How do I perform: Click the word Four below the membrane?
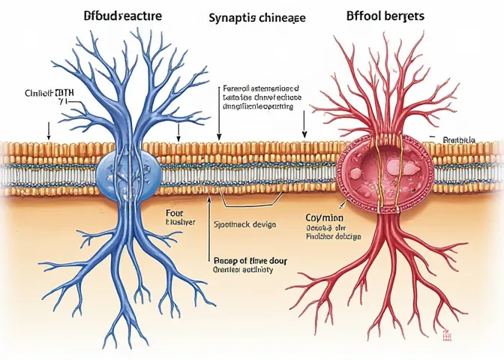(174, 213)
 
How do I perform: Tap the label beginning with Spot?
(246, 223)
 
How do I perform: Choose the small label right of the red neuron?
(459, 139)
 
